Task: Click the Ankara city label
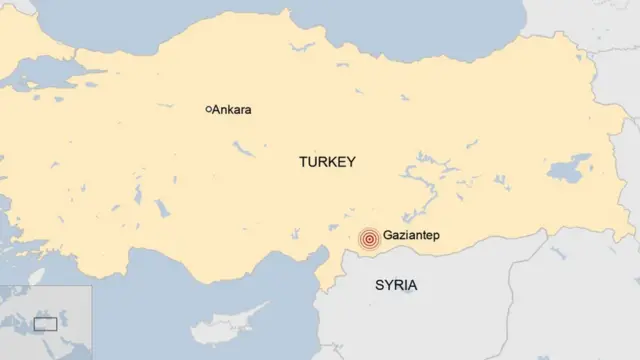[232, 110]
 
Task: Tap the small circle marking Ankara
[207, 109]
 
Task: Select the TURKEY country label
[327, 161]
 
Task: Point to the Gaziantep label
[412, 239]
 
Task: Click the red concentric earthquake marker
[369, 239]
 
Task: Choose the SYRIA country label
[396, 285]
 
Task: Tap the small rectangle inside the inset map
[45, 323]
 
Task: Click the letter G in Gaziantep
[389, 239]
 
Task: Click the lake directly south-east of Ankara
[243, 151]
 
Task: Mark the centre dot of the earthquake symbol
[369, 239]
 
